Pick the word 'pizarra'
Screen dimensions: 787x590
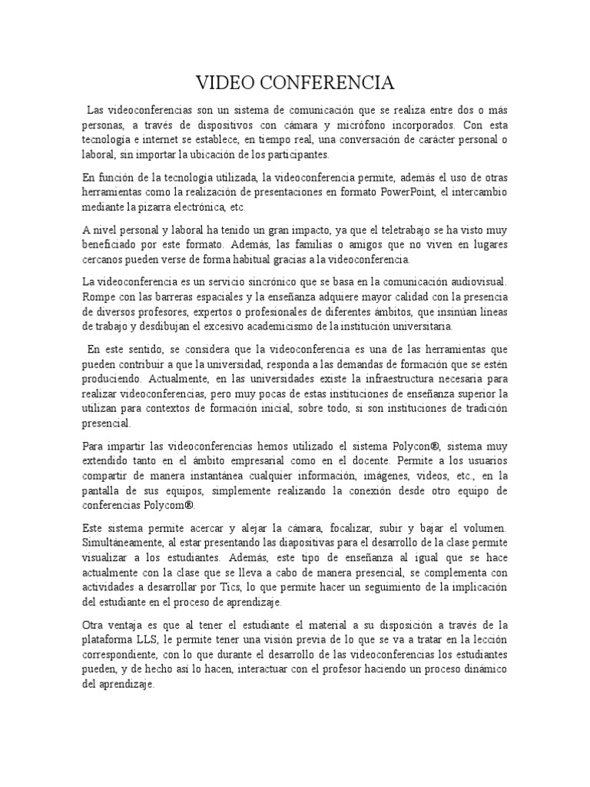tap(177, 207)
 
